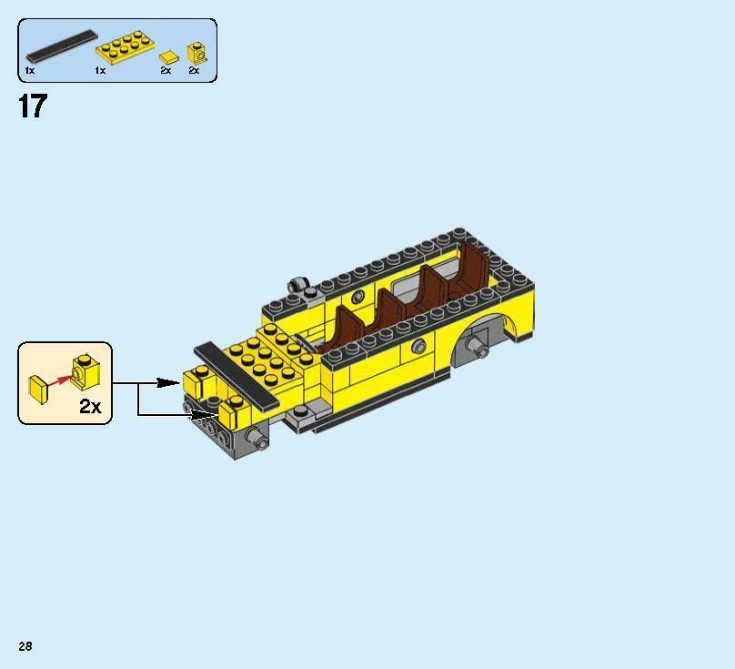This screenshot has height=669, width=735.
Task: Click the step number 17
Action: point(33,106)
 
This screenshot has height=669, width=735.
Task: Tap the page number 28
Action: point(25,646)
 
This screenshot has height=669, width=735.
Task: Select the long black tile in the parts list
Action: point(62,46)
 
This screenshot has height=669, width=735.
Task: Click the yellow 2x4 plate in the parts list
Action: point(125,47)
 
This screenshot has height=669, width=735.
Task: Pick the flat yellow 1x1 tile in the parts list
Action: point(169,57)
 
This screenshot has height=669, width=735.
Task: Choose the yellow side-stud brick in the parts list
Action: point(197,54)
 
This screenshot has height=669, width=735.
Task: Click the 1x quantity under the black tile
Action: point(29,70)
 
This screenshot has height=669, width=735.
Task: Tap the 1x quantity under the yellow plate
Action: point(100,70)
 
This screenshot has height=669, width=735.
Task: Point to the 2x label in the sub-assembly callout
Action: point(90,406)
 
